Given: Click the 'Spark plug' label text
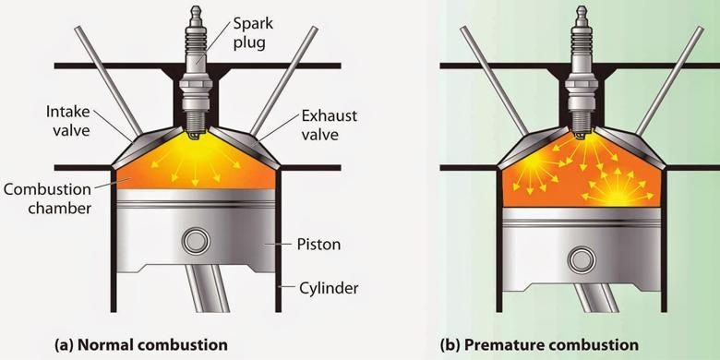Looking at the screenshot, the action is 253,32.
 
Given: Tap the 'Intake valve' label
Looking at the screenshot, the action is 67,121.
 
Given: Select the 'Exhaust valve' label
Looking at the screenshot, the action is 329,125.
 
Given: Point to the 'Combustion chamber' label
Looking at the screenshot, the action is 47,198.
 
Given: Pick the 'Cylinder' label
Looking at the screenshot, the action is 329,288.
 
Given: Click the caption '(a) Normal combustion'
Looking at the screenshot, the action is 141,345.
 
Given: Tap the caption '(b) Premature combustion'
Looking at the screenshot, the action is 539,345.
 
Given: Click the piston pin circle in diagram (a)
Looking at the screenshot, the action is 196,241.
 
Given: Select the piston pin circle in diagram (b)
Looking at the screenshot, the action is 582,260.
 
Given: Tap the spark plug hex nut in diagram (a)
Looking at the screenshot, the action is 196,86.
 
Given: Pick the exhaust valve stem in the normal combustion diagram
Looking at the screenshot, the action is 283,80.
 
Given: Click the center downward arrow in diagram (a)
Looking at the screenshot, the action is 195,174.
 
